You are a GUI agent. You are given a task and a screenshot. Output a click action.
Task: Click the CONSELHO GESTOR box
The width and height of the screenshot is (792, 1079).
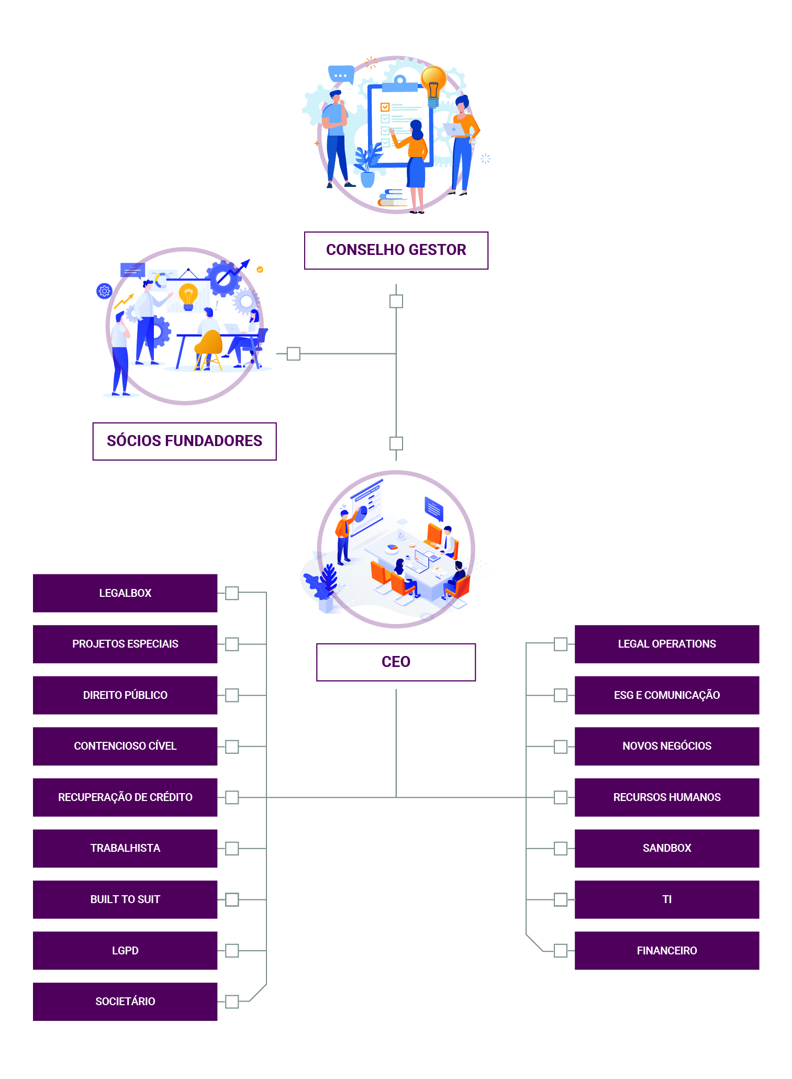point(396,250)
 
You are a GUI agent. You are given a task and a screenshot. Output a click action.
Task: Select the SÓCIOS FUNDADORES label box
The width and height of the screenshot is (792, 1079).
point(184,441)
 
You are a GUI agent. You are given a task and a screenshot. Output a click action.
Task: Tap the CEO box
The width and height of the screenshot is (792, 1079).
point(396,662)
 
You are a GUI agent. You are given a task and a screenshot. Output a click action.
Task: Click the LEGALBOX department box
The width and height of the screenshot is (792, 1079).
point(125,593)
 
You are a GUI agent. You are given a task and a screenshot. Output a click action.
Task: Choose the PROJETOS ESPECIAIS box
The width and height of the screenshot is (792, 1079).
point(125,644)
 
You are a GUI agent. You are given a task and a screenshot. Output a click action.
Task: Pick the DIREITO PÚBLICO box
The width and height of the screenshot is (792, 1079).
point(125,695)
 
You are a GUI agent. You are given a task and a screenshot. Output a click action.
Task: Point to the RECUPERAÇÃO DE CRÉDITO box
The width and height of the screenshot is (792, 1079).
point(125,797)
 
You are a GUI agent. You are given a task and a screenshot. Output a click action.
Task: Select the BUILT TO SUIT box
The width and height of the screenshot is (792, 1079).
point(125,899)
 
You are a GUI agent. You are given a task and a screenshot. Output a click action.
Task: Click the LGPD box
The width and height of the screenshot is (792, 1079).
point(125,950)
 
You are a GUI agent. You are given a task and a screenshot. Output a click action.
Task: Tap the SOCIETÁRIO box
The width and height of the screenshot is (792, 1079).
point(125,1002)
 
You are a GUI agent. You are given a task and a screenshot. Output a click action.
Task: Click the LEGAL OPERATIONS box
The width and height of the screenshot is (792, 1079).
point(666,644)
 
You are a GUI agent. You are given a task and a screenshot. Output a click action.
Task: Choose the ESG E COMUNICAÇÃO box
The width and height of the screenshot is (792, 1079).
point(666,695)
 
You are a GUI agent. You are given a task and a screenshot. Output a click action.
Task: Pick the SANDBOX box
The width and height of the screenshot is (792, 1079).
point(666,848)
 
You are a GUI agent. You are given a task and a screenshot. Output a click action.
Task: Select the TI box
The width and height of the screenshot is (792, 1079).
point(666,899)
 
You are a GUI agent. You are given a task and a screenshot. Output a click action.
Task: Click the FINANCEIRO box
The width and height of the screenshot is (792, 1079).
point(666,950)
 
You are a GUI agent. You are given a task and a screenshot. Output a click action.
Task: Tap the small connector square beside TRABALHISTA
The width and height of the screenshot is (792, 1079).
point(232,848)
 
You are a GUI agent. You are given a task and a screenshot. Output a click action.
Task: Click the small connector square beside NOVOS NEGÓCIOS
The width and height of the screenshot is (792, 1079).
point(561,746)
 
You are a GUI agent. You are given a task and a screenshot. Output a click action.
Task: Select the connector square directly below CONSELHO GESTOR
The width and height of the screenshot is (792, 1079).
point(396,301)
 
